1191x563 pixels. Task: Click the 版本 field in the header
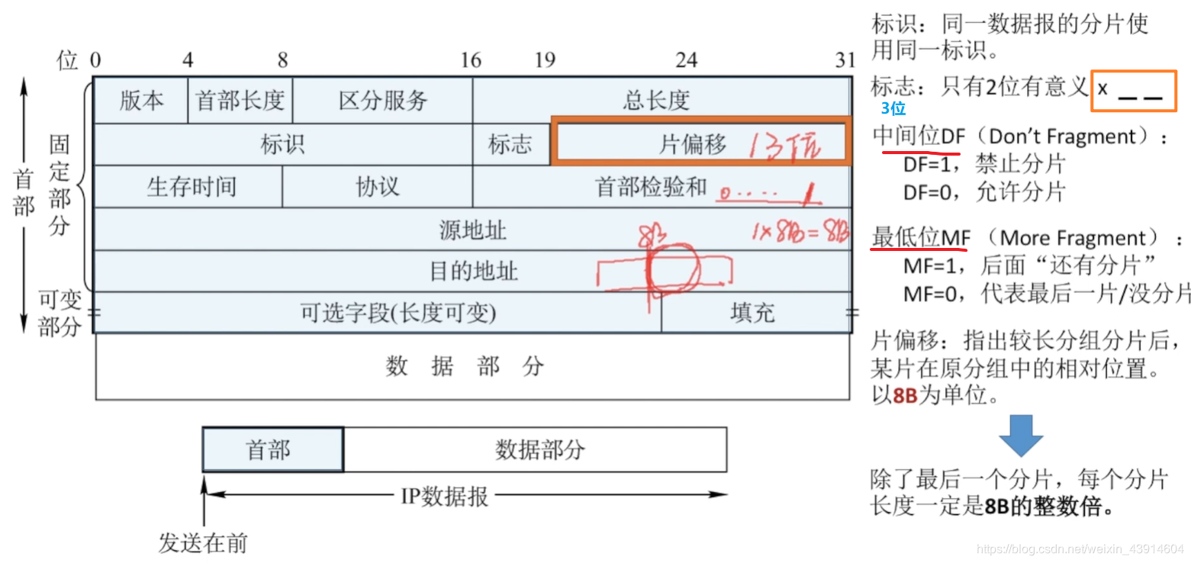pyautogui.click(x=141, y=100)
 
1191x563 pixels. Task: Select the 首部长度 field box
pyautogui.click(x=240, y=100)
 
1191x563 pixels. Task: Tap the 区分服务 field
pyautogui.click(x=382, y=100)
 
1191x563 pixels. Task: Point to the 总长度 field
pyautogui.click(x=656, y=100)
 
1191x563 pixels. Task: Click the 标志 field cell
pyautogui.click(x=510, y=143)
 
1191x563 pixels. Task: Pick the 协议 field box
pyautogui.click(x=377, y=186)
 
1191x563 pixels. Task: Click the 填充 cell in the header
pyautogui.click(x=752, y=313)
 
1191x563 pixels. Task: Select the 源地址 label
pyautogui.click(x=472, y=229)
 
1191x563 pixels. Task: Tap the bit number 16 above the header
pyautogui.click(x=471, y=60)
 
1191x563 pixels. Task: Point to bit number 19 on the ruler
pyautogui.click(x=544, y=60)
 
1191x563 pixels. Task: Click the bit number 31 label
pyautogui.click(x=843, y=60)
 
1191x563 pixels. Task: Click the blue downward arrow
pyautogui.click(x=1020, y=435)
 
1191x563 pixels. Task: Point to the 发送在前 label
pyautogui.click(x=203, y=543)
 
